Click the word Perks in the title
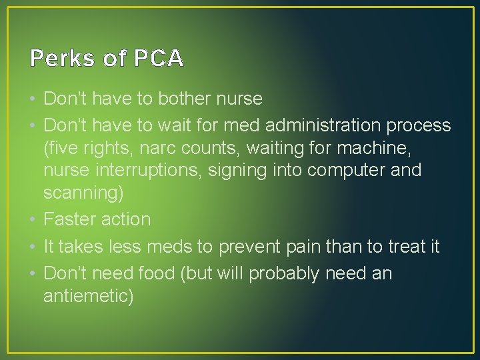pos(62,59)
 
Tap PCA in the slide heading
pos(159,59)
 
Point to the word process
pos(420,125)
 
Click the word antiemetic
pos(88,295)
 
